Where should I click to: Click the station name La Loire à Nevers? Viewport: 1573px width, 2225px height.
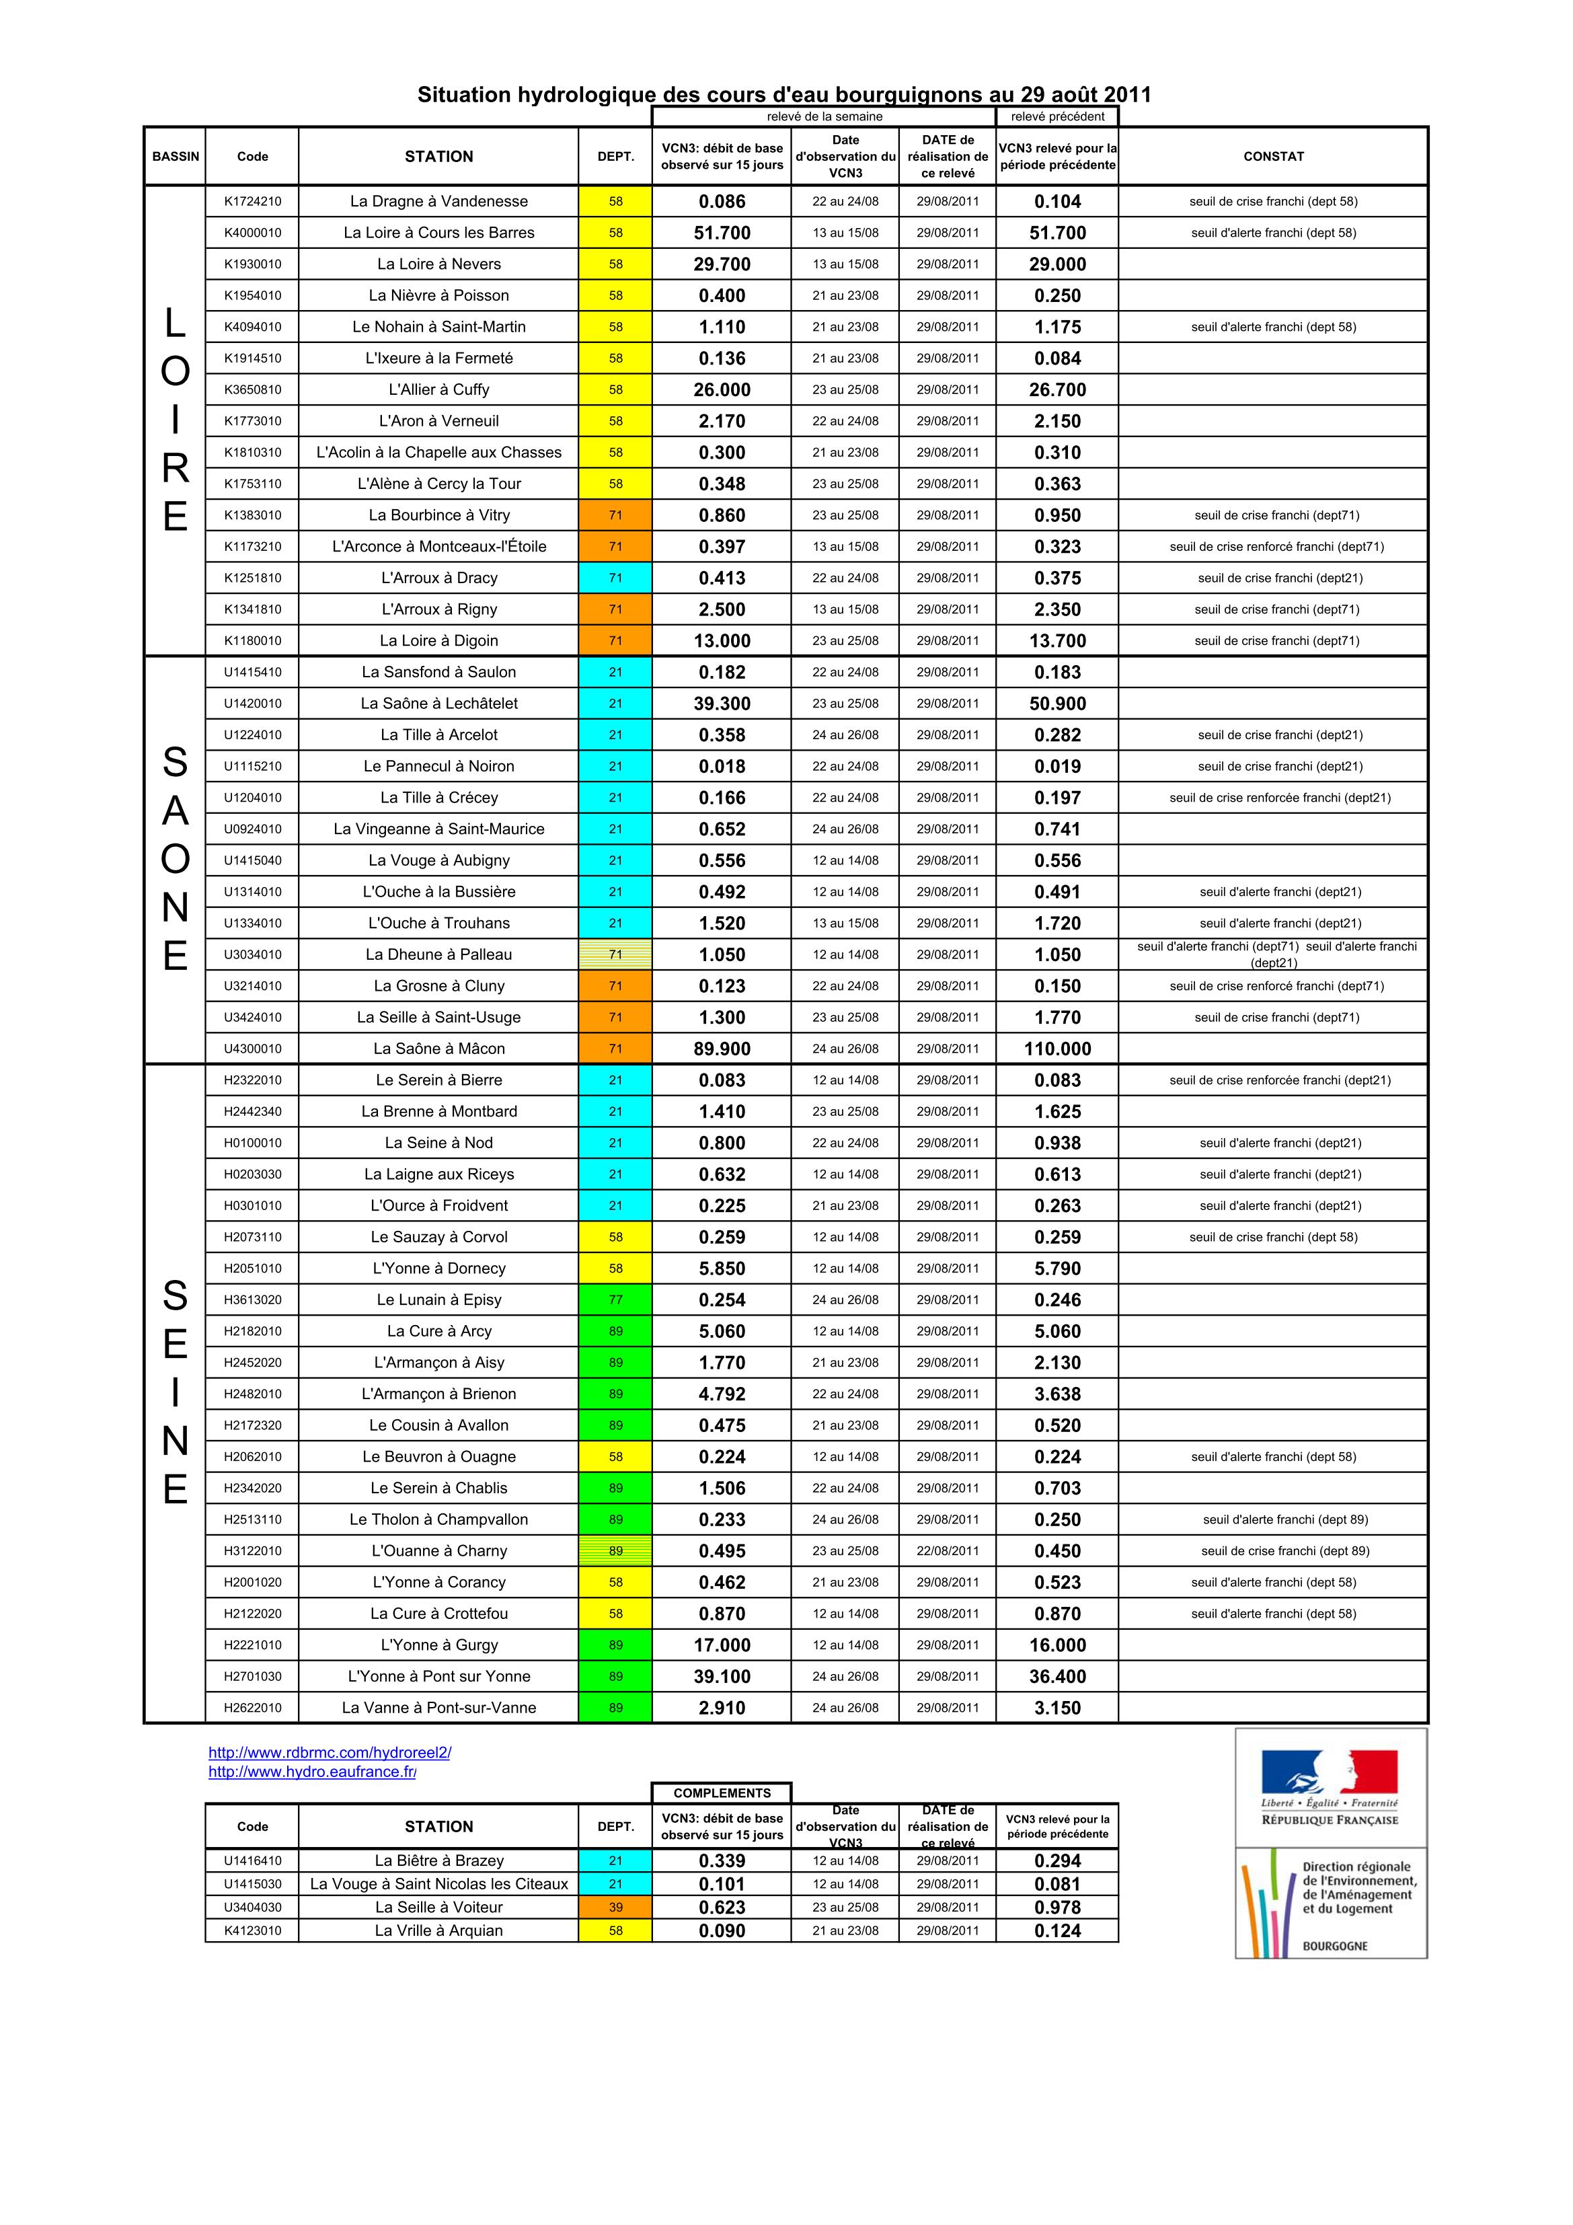[439, 264]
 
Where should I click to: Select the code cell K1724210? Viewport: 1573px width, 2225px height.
[252, 202]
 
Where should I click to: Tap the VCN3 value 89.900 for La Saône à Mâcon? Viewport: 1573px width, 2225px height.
[722, 1049]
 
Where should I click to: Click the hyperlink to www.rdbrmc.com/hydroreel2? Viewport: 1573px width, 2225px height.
[330, 1752]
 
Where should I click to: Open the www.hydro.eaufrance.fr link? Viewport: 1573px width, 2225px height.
[312, 1772]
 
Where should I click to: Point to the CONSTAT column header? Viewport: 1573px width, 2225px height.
[1272, 156]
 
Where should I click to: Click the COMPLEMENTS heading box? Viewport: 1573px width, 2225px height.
[722, 1793]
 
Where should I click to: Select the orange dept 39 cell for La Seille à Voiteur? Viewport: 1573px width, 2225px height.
[615, 1907]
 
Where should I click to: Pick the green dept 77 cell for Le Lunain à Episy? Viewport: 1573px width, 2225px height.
[615, 1299]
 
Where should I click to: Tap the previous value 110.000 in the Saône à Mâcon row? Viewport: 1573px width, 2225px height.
[1057, 1049]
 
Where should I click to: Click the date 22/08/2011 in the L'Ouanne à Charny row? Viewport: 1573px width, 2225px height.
[947, 1550]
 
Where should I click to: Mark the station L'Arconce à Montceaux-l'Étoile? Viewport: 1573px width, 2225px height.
[439, 547]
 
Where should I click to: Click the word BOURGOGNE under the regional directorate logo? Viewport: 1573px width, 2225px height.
[1334, 1945]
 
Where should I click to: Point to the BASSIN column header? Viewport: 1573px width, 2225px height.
[176, 156]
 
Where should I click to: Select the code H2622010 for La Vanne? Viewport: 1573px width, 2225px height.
[252, 1708]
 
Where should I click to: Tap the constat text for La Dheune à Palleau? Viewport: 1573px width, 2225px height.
[1276, 954]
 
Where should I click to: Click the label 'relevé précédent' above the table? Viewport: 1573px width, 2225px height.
[1057, 116]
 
